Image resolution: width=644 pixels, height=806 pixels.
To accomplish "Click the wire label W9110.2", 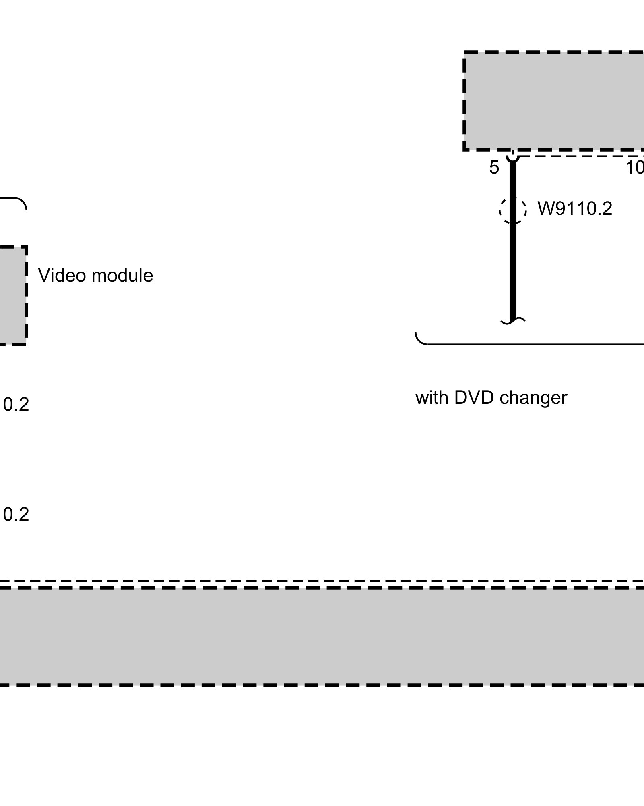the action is click(x=574, y=209).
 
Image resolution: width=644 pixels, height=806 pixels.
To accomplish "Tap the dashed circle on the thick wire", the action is click(x=512, y=210).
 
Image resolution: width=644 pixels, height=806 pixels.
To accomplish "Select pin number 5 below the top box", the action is click(x=494, y=168).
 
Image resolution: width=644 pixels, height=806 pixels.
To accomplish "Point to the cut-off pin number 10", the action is click(x=635, y=168).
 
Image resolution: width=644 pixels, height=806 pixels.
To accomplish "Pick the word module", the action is click(x=122, y=276).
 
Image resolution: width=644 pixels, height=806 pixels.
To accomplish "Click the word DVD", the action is click(x=473, y=398).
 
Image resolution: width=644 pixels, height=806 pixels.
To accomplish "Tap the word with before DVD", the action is click(x=432, y=398).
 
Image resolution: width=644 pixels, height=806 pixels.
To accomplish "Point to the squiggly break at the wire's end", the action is click(x=513, y=321).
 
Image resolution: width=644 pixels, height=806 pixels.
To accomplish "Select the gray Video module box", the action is click(x=12, y=295).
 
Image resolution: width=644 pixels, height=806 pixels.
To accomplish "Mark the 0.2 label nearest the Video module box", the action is click(x=16, y=405).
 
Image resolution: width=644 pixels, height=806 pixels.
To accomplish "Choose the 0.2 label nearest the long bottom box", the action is click(x=16, y=515).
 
